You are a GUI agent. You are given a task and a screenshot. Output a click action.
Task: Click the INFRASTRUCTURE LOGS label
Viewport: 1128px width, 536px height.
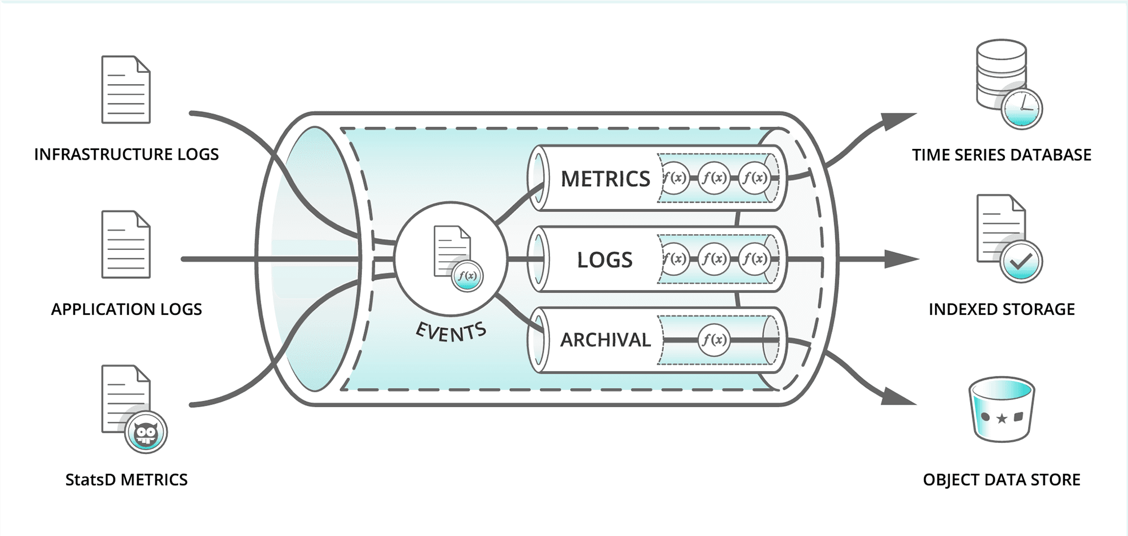point(126,154)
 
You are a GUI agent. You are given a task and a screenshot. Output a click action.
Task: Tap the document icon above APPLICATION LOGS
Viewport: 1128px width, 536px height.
point(126,244)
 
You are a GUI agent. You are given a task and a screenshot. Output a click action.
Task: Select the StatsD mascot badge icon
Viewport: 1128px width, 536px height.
point(146,432)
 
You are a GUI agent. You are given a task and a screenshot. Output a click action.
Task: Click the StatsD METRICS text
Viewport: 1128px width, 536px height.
point(126,480)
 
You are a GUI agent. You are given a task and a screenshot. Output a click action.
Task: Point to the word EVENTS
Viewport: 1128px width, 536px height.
point(451,332)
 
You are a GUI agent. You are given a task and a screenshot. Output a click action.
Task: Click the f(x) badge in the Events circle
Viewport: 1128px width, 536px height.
point(467,276)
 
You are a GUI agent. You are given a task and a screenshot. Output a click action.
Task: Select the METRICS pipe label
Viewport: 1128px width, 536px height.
point(605,179)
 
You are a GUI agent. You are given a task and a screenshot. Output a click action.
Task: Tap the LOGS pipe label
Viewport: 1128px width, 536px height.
point(605,260)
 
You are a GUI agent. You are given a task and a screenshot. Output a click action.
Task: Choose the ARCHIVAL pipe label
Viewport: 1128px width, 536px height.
point(605,340)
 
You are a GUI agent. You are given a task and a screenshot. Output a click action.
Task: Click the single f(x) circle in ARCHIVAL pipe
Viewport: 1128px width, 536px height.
point(713,340)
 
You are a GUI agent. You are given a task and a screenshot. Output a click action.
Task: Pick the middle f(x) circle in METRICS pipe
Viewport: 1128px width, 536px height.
point(713,178)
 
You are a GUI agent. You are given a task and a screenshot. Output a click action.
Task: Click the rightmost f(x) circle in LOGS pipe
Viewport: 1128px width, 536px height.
point(754,259)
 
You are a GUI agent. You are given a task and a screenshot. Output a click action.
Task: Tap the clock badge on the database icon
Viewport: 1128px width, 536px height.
point(1021,108)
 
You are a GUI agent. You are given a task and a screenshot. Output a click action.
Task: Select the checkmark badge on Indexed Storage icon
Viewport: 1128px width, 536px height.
point(1021,261)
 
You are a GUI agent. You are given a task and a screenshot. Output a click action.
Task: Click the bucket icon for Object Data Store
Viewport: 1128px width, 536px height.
point(1002,410)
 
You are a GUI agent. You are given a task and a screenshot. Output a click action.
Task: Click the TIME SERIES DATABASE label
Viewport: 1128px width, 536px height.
point(1001,155)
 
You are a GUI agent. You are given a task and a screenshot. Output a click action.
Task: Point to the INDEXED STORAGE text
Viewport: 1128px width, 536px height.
point(1001,309)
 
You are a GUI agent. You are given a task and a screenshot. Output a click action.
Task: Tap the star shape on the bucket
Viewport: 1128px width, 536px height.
point(1002,419)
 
